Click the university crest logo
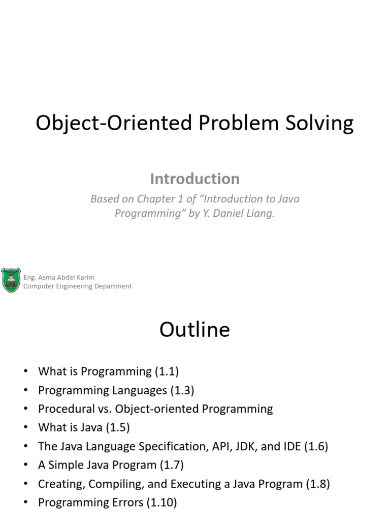pyautogui.click(x=11, y=280)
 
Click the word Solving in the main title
pyautogui.click(x=319, y=123)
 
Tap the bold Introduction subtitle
pyautogui.click(x=194, y=179)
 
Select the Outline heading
pyautogui.click(x=194, y=329)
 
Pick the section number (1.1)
pyautogui.click(x=167, y=371)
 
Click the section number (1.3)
pyautogui.click(x=182, y=390)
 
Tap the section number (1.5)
pyautogui.click(x=118, y=427)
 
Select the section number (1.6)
pyautogui.click(x=316, y=446)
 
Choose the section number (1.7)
pyautogui.click(x=172, y=465)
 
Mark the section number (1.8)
pyautogui.click(x=318, y=484)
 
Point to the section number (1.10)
pyautogui.click(x=162, y=502)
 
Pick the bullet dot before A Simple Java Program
pyautogui.click(x=25, y=465)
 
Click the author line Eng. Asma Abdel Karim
pyautogui.click(x=59, y=277)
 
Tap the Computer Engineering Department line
pyautogui.click(x=77, y=286)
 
